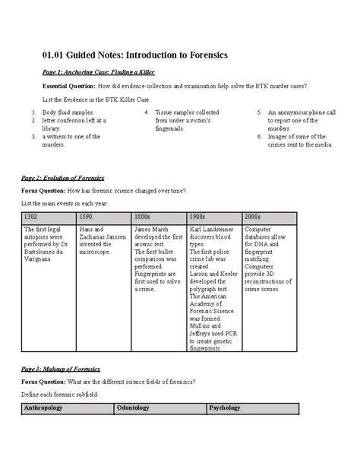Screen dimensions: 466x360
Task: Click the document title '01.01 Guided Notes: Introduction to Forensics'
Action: pyautogui.click(x=130, y=56)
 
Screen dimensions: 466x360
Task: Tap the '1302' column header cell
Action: pyautogui.click(x=31, y=217)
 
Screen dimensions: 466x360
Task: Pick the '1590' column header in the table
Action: pyautogui.click(x=86, y=217)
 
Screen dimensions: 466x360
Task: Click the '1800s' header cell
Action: pyautogui.click(x=142, y=217)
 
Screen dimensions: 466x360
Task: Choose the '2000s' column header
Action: pyautogui.click(x=253, y=217)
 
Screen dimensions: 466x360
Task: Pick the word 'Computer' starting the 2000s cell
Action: pyautogui.click(x=260, y=229)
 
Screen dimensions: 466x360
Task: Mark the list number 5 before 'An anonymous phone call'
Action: pyautogui.click(x=259, y=113)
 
